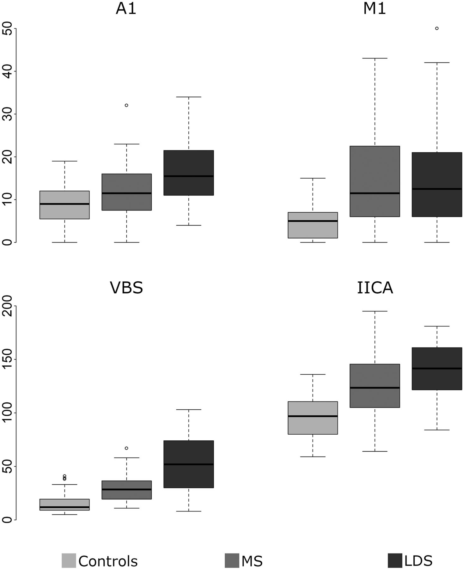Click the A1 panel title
coord(126,9)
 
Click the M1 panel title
coord(375,9)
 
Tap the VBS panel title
coord(126,288)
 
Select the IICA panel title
coord(375,288)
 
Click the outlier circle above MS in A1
coord(126,105)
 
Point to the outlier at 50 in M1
coord(437,28)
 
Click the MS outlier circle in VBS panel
coord(126,448)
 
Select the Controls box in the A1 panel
coord(64,205)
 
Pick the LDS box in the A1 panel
coord(189,173)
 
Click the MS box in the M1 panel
coord(375,181)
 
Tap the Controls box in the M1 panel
coord(313,225)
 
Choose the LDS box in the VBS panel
coord(189,464)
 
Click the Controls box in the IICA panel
coord(313,418)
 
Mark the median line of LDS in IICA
coord(437,368)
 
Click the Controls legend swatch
coord(69,560)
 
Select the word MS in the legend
coord(252,561)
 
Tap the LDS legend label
coord(418,560)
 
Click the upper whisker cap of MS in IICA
coord(375,311)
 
